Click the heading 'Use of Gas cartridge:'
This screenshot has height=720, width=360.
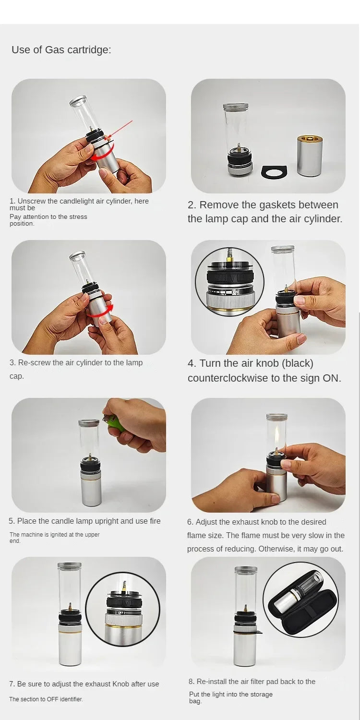61,50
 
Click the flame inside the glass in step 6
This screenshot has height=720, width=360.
276,441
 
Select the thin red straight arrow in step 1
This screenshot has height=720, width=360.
120,130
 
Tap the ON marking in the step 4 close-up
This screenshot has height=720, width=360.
236,292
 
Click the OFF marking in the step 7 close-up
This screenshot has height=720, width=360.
121,612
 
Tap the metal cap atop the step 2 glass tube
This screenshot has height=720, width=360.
236,107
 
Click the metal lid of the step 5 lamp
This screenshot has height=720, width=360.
89,423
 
